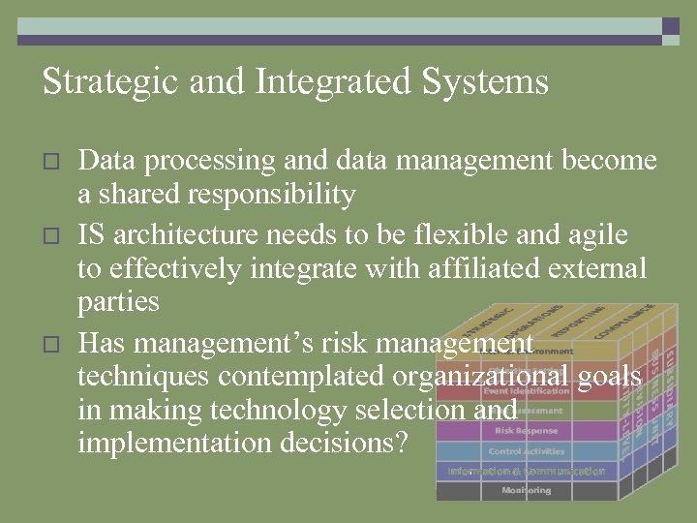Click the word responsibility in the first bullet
tap(272, 196)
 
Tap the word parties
tap(117, 303)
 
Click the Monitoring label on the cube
tap(526, 491)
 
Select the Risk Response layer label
tap(526, 431)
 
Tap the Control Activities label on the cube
tap(526, 451)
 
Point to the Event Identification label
tap(526, 391)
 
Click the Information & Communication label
tap(526, 472)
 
